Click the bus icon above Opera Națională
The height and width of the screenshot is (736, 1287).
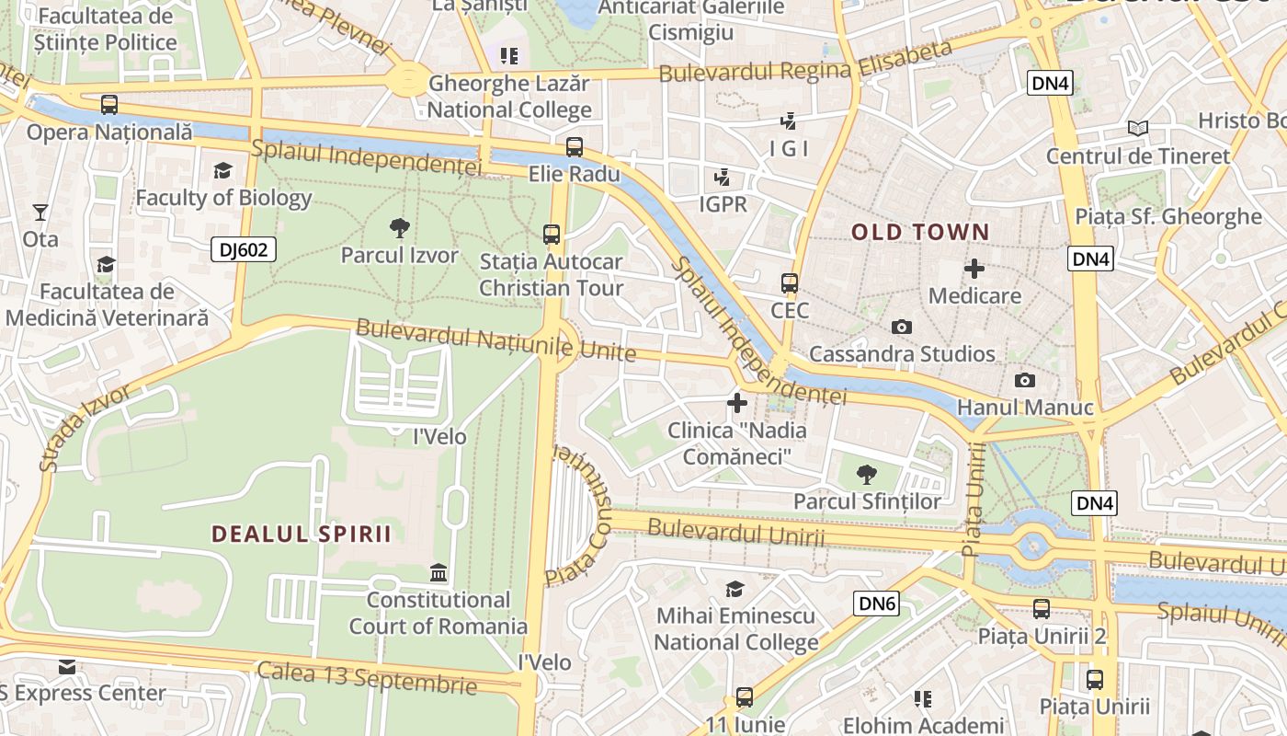click(x=109, y=105)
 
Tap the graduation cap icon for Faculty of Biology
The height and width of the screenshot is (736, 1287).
click(x=222, y=170)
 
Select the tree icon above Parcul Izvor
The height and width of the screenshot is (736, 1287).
click(x=399, y=227)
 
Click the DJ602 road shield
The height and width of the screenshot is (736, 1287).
click(x=244, y=249)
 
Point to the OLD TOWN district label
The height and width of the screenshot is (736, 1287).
click(x=920, y=233)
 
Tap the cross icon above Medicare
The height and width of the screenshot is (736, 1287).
click(x=974, y=269)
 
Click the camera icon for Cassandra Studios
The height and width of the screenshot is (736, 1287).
click(x=902, y=327)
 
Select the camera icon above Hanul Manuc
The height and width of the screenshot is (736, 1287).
click(x=1025, y=380)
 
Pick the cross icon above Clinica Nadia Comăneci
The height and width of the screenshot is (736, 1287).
click(x=736, y=403)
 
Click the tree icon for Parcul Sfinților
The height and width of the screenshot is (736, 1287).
click(x=866, y=475)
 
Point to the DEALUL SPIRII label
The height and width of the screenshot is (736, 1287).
click(x=302, y=535)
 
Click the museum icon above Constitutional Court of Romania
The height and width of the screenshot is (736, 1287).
click(x=438, y=573)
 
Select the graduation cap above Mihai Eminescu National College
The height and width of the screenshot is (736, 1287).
click(x=735, y=589)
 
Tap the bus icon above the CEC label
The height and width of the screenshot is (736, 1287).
click(x=789, y=283)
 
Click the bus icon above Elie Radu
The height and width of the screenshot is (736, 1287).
click(x=575, y=147)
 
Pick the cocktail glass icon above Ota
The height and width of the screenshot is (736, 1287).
click(x=40, y=213)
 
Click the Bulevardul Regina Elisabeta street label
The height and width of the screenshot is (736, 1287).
click(x=805, y=62)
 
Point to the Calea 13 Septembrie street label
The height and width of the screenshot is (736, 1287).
click(x=367, y=678)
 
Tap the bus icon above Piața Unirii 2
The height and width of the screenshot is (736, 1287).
click(x=1041, y=609)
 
